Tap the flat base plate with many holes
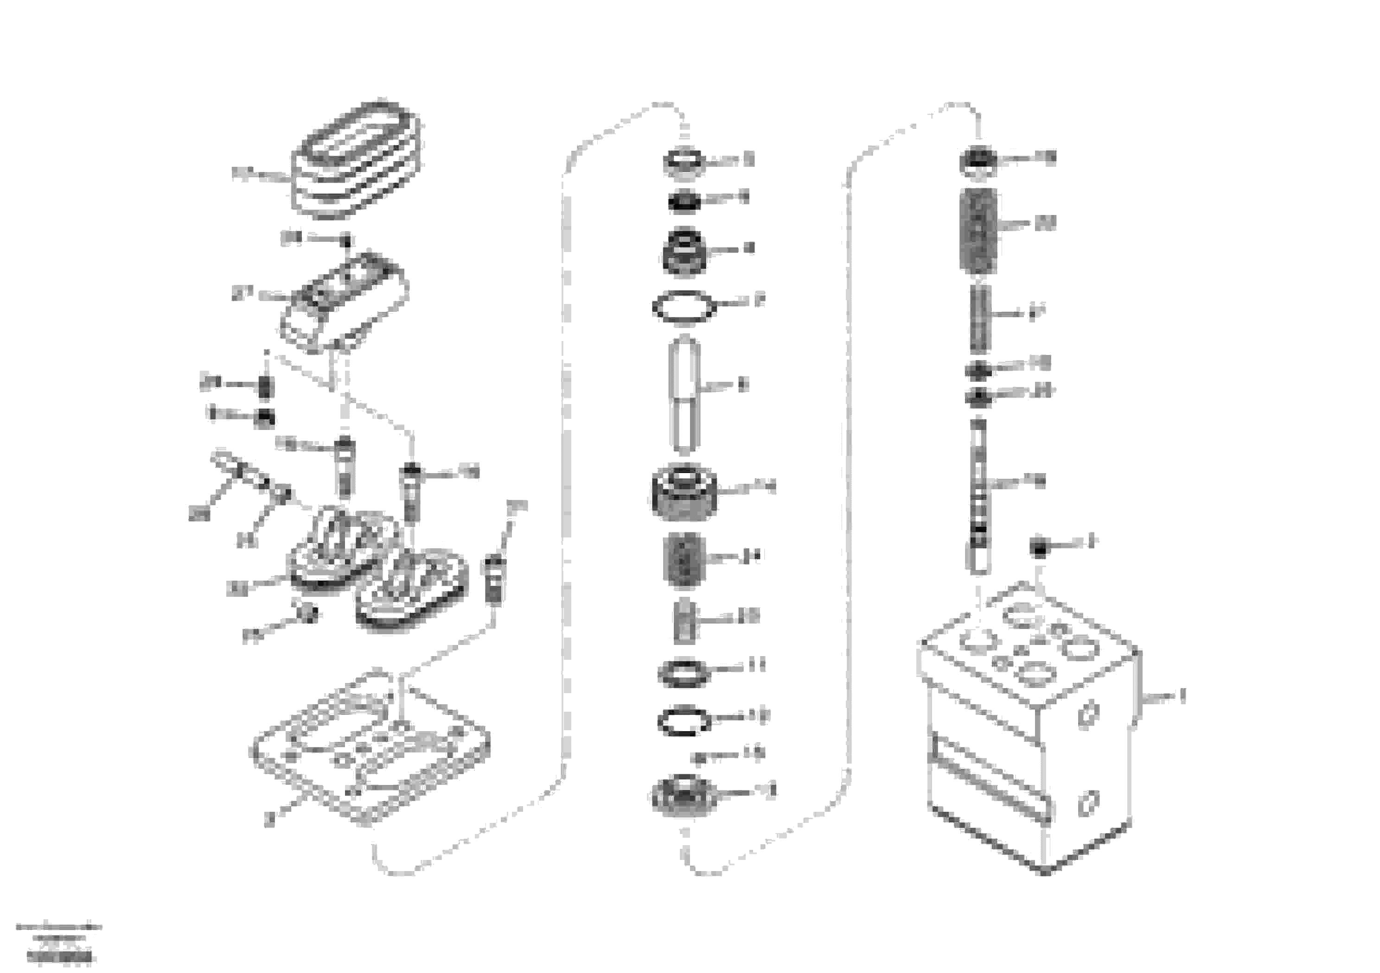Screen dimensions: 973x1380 [x=370, y=748]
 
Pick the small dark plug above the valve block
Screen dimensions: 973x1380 [x=1039, y=547]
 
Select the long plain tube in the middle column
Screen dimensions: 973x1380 [x=684, y=395]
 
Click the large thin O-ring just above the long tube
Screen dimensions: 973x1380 [x=684, y=308]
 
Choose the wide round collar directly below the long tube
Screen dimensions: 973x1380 [x=684, y=493]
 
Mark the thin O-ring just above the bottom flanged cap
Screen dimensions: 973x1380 [x=684, y=721]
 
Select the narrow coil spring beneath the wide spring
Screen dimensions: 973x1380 [x=979, y=318]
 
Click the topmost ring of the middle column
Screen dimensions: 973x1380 [x=684, y=162]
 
